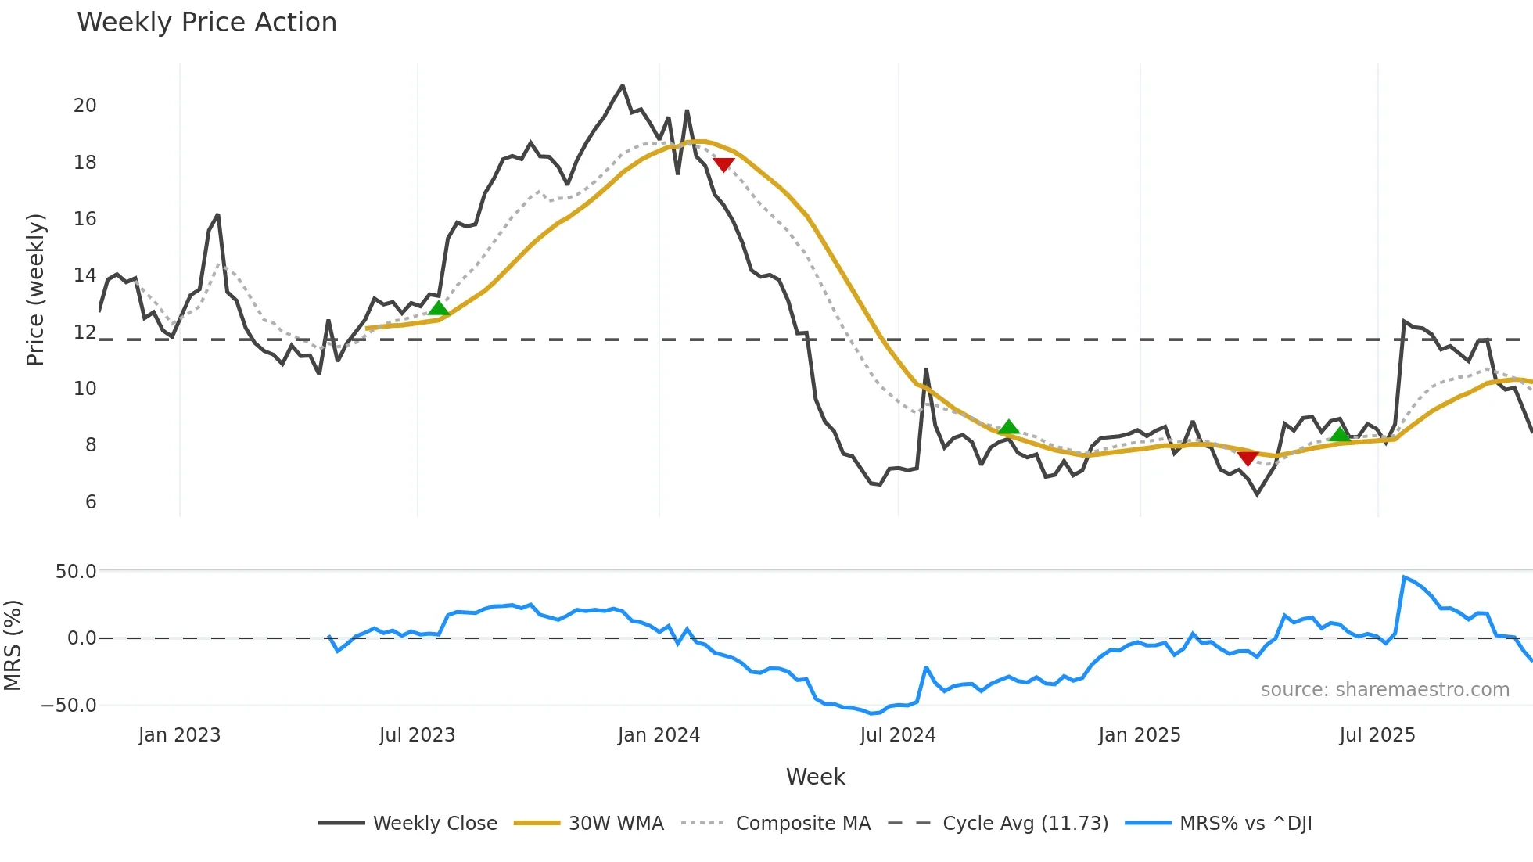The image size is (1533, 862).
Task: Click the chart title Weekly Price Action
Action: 206,23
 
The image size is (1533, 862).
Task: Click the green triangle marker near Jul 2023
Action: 439,308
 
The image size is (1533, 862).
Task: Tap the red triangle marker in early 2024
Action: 723,164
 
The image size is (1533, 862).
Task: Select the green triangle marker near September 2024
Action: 1009,427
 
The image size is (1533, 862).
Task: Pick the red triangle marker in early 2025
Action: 1248,458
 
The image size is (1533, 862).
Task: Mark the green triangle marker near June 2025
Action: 1340,435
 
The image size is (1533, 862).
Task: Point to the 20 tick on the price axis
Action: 85,106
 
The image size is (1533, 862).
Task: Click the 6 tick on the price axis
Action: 91,501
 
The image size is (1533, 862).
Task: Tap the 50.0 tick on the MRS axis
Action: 76,572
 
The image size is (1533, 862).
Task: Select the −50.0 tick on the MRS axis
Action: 69,706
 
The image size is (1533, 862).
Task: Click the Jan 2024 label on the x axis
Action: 659,735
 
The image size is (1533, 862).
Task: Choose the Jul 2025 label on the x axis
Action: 1377,735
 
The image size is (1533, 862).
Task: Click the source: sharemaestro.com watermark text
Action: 1384,690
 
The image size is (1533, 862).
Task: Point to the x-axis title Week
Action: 815,777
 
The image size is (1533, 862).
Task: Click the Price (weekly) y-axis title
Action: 35,289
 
